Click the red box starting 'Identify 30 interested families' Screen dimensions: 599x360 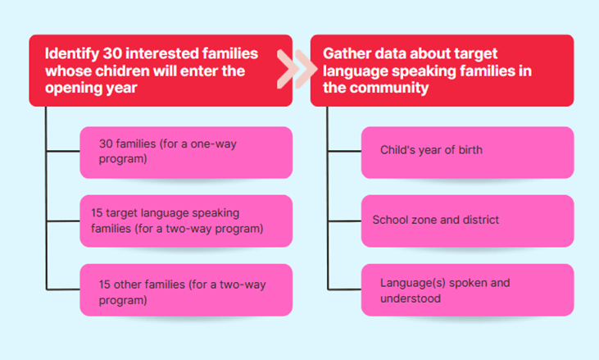point(161,71)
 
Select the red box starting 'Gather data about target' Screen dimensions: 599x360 point(442,71)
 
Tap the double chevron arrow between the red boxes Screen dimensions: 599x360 point(297,69)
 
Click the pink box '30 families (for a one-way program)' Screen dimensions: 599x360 point(186,153)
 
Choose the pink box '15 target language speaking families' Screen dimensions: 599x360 point(186,221)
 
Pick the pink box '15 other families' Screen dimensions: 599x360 point(186,289)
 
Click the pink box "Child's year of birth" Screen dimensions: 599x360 point(468,153)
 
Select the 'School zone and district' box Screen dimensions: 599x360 point(468,221)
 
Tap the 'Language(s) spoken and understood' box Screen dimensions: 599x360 point(468,289)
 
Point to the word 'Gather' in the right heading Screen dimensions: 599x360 point(347,53)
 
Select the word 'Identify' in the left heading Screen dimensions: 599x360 point(72,54)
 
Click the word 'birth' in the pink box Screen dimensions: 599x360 point(470,150)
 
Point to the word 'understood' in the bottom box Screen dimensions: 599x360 point(411,298)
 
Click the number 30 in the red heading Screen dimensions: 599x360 point(112,53)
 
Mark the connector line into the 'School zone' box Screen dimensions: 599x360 point(344,221)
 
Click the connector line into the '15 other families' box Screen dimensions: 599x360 point(63,289)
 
